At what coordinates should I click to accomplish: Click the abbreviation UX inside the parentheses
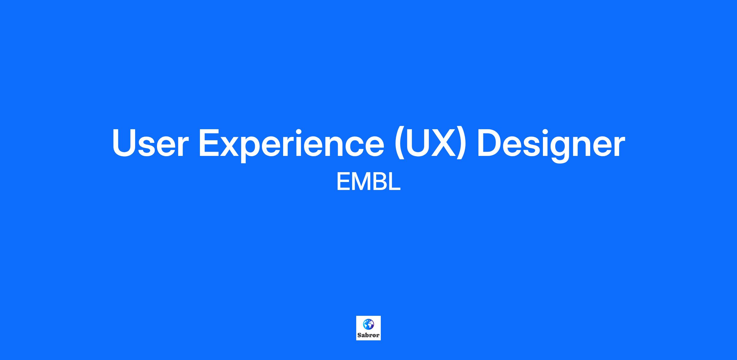(430, 143)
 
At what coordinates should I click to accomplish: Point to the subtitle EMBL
(368, 182)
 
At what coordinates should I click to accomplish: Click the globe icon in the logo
(368, 324)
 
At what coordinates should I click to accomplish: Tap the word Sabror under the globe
(368, 335)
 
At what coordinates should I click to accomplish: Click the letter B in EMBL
(379, 182)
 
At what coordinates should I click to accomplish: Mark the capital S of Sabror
(359, 335)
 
